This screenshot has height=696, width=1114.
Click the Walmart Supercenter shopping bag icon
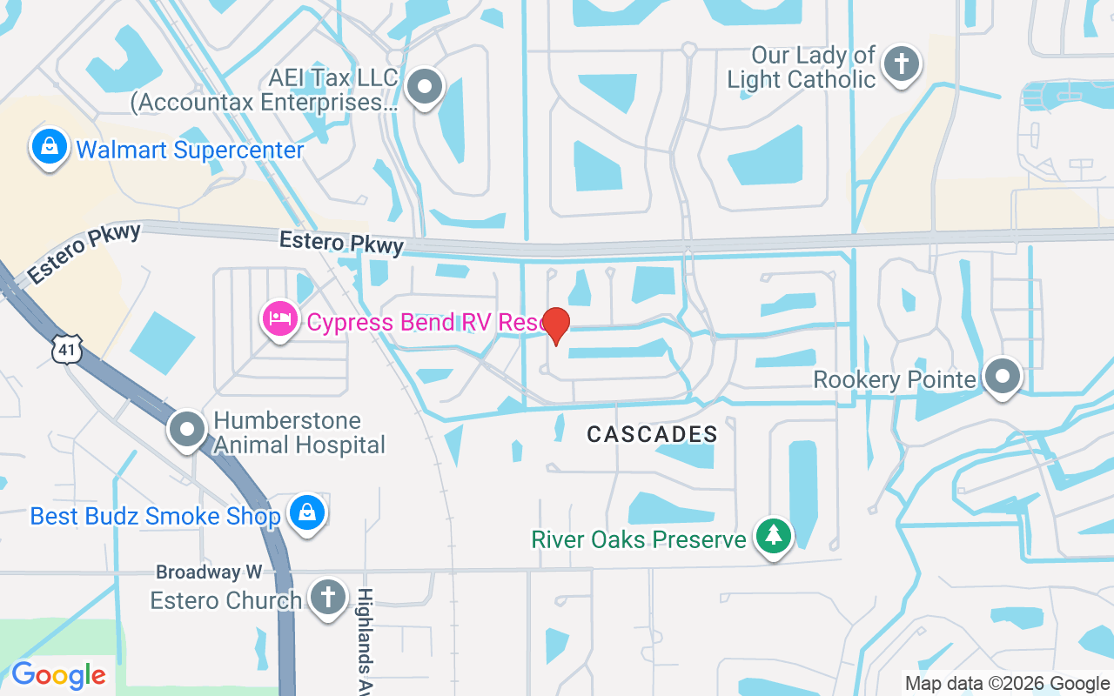tap(50, 148)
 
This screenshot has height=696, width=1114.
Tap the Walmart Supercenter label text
tap(190, 150)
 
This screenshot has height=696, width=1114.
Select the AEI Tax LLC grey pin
tap(426, 87)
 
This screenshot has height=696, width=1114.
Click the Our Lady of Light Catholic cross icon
tap(901, 64)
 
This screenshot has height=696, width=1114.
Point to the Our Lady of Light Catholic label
tap(801, 67)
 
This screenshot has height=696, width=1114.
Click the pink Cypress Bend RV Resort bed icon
tap(280, 319)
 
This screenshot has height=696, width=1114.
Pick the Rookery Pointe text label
tap(895, 379)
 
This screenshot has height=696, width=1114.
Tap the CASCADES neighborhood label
tap(652, 434)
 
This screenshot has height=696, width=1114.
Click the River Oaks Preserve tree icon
tap(772, 536)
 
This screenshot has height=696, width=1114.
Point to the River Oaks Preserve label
tap(639, 539)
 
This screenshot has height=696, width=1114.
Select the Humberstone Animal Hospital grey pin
tap(187, 430)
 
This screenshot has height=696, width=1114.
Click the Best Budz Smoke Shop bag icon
tap(307, 512)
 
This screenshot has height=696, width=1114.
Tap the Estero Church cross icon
tap(327, 599)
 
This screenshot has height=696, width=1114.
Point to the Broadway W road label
tap(209, 572)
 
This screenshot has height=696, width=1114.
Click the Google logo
tap(58, 675)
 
